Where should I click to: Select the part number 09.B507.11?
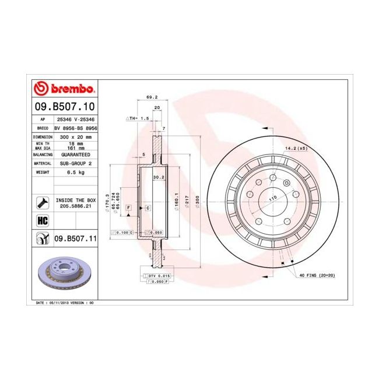pyautogui.click(x=75, y=238)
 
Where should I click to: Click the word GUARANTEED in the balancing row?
pyautogui.click(x=75, y=155)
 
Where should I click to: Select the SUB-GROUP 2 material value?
pyautogui.click(x=75, y=164)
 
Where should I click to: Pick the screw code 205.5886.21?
pyautogui.click(x=75, y=206)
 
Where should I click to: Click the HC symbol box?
pyautogui.click(x=42, y=220)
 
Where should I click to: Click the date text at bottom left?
pyautogui.click(x=65, y=304)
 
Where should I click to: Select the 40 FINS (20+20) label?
pyautogui.click(x=318, y=275)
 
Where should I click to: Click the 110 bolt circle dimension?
pyautogui.click(x=272, y=200)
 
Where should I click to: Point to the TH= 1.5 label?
pyautogui.click(x=139, y=118)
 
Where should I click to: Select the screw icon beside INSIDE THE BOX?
pyautogui.click(x=42, y=202)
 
